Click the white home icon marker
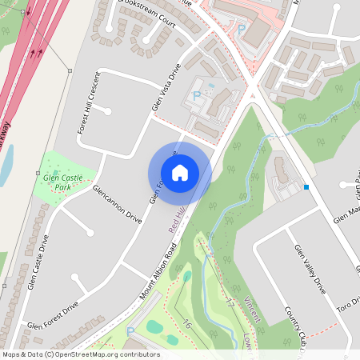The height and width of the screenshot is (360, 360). coord(180,173)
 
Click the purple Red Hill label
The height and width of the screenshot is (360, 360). coord(177,219)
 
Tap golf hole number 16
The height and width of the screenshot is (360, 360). coord(186,324)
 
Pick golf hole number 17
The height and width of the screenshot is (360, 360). coord(230,303)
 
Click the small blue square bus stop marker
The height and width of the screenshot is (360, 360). coord(306,187)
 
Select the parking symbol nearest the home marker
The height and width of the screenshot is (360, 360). coord(196,96)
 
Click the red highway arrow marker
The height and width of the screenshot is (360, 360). coord(33,54)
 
